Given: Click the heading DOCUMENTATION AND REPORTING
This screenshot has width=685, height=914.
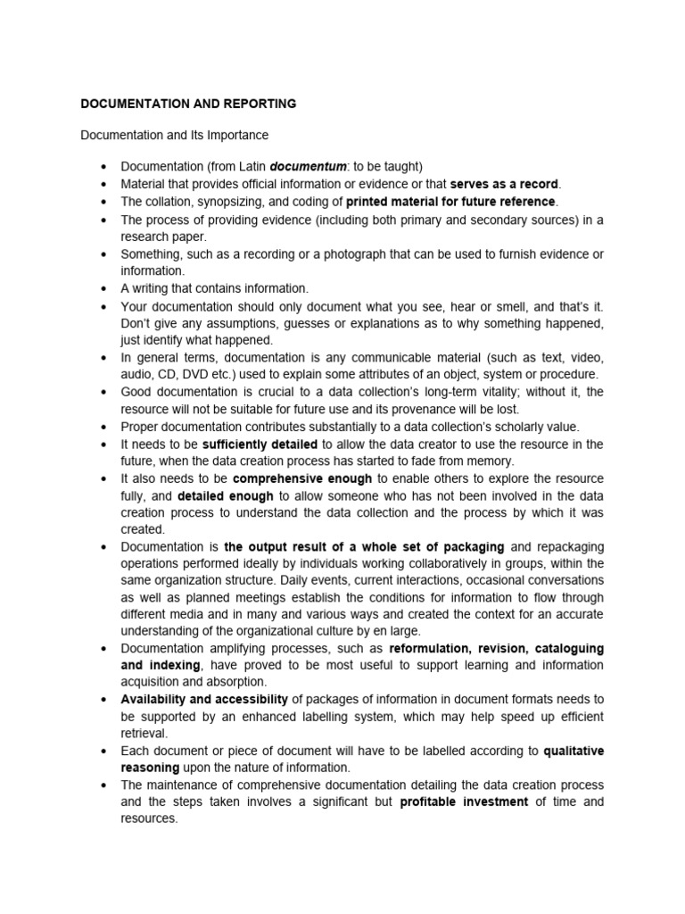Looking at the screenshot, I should point(188,104).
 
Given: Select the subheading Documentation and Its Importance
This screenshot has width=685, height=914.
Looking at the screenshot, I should point(174,135).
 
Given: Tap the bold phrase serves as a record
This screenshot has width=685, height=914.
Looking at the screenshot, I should point(504,184).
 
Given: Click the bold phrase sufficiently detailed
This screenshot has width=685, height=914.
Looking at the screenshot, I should point(260,445).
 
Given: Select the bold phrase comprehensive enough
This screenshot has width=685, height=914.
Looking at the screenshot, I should point(302,479).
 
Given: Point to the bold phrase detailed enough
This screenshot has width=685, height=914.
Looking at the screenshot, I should point(225,496).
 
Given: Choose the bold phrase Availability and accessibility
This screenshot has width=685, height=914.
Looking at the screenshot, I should point(204,699).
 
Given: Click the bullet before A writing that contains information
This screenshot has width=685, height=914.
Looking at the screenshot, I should point(104,289).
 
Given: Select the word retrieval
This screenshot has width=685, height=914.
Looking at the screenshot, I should point(144,734).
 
